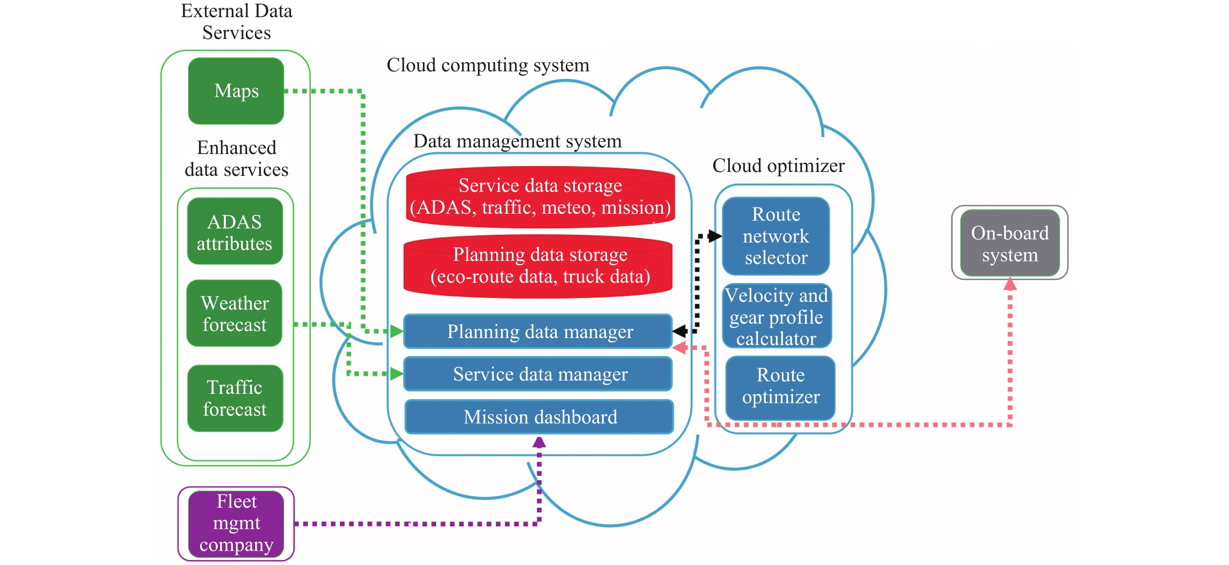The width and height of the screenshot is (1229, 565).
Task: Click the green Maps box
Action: click(x=236, y=90)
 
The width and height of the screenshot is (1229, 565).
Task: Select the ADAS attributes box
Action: click(x=235, y=232)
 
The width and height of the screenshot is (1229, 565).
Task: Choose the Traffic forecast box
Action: click(x=235, y=398)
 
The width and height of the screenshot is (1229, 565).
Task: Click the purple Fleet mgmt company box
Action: click(x=236, y=523)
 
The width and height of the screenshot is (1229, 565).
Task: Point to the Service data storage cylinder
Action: click(x=540, y=197)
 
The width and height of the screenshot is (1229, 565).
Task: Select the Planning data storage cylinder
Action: click(x=539, y=266)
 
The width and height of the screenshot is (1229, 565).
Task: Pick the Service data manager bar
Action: click(x=539, y=374)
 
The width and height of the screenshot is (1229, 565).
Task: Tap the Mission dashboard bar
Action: click(x=540, y=417)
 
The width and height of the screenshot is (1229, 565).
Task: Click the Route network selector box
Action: click(x=776, y=236)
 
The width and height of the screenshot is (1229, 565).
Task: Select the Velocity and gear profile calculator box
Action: click(x=776, y=317)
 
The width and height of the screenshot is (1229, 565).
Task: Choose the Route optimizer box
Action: click(x=781, y=386)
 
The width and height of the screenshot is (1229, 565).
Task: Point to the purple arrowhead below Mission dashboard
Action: click(x=539, y=443)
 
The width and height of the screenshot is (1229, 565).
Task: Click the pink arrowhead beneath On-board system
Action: click(x=1010, y=284)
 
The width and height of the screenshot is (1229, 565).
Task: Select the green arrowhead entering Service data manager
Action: click(x=396, y=374)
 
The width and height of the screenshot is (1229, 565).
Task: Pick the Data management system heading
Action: click(x=517, y=141)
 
